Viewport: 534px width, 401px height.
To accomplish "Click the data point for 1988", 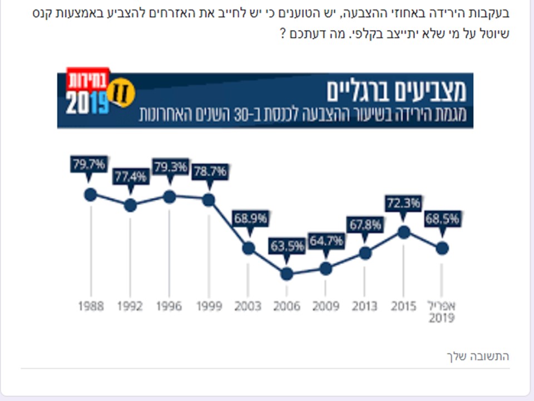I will coord(90,194).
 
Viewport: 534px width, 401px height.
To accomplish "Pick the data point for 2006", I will coord(286,273).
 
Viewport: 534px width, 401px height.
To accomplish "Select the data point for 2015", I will coord(404,232).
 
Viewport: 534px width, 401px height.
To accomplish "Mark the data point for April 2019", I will coord(442,248).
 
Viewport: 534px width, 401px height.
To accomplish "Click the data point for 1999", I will coord(209,200).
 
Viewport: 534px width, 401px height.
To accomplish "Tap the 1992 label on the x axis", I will coord(130,306).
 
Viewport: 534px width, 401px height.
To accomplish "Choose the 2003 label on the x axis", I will coord(248,306).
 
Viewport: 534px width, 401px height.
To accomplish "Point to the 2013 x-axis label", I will coord(364,306).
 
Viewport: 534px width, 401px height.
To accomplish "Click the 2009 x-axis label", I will coord(325,306).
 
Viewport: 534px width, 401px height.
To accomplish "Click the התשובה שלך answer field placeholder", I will coord(478,356).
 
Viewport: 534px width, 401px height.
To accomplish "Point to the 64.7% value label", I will coord(326,242).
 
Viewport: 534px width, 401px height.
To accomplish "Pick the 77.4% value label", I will coord(131,177).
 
